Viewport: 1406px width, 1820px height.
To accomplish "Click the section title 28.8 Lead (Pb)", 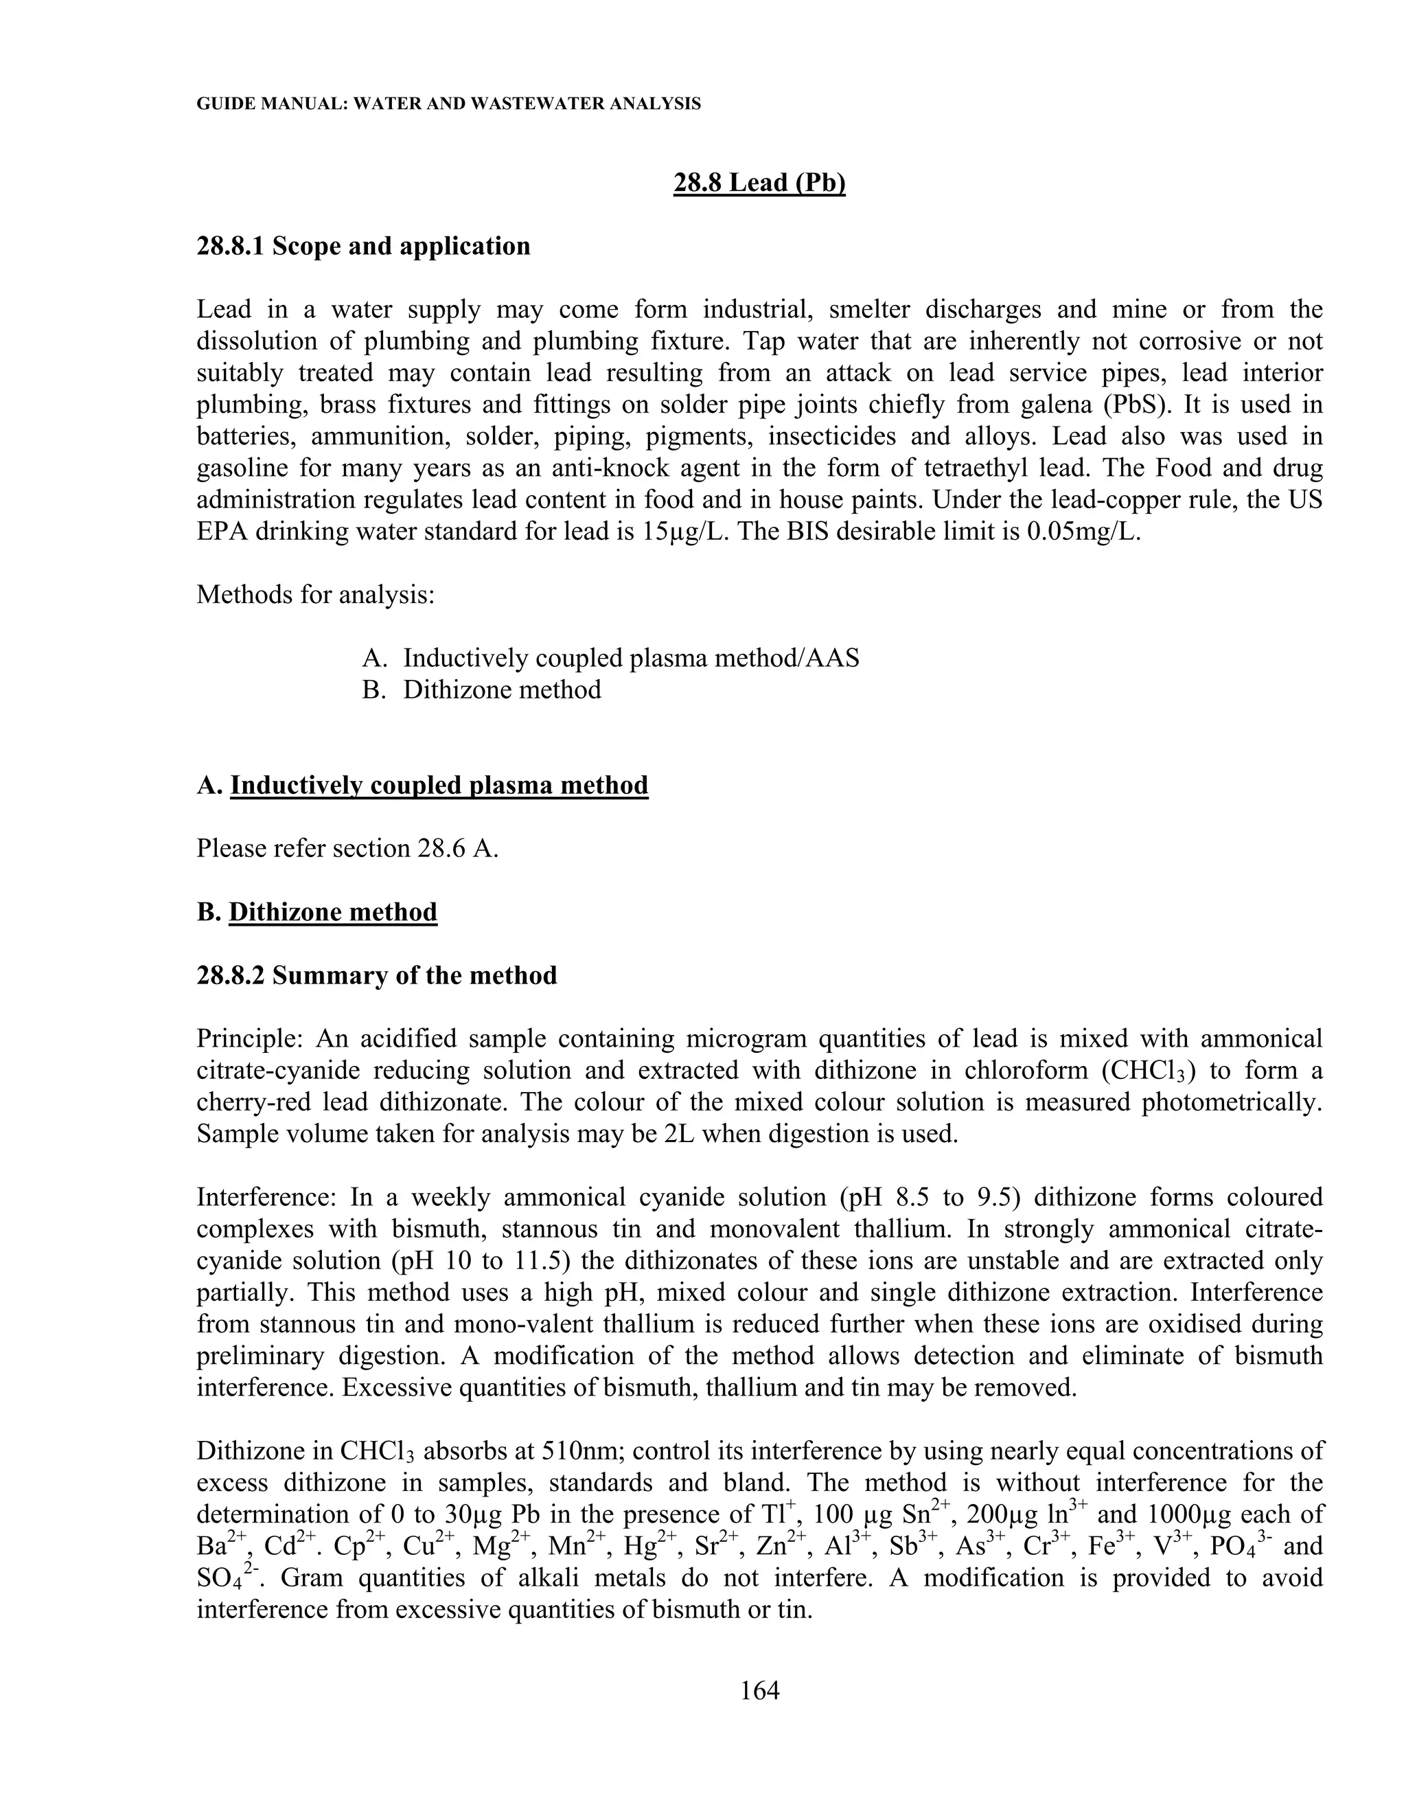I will point(759,183).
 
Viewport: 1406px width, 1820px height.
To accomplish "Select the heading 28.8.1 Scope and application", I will point(363,247).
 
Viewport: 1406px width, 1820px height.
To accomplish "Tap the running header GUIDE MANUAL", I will point(448,104).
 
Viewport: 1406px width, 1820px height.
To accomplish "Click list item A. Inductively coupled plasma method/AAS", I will point(610,659).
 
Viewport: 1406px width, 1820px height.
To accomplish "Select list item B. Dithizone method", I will point(481,690).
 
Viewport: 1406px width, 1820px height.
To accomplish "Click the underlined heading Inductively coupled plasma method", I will point(439,785).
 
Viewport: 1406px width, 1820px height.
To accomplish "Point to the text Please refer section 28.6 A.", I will point(347,848).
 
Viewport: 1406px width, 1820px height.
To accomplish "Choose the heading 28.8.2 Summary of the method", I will point(376,975).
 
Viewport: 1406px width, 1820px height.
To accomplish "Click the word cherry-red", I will point(255,1102).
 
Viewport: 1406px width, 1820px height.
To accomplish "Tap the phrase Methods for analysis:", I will point(316,595).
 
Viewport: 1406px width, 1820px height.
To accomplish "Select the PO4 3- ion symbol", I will point(1239,1547).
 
